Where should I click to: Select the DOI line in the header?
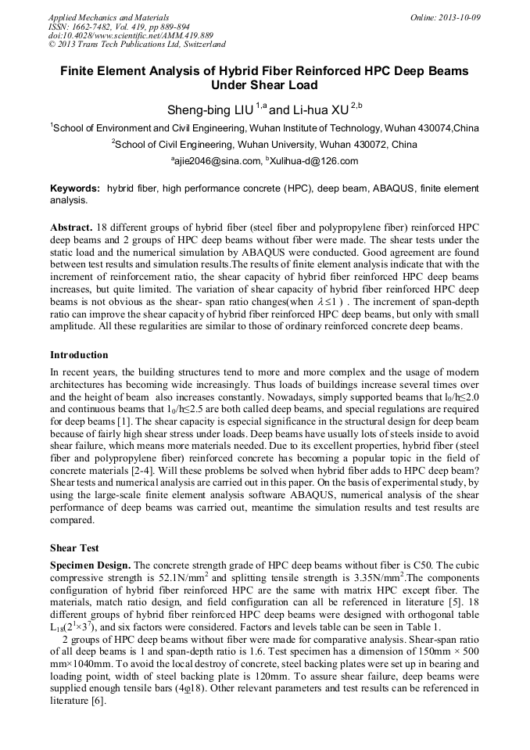(131, 35)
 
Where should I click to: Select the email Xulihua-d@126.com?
(313, 162)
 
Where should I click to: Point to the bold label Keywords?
(75, 189)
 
